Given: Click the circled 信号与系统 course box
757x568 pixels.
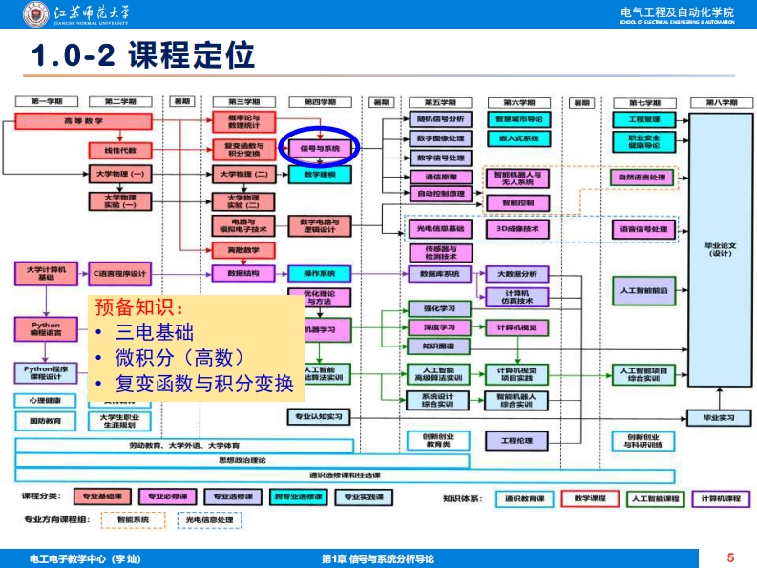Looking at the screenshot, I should (x=320, y=149).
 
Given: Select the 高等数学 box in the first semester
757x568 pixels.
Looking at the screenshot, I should (x=84, y=121).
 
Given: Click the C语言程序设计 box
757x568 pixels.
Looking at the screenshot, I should (x=120, y=273).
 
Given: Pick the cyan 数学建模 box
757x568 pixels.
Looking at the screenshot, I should (x=320, y=175).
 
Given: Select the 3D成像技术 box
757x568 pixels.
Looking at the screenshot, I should (x=518, y=229).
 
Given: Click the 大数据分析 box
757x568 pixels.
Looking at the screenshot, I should (x=518, y=274).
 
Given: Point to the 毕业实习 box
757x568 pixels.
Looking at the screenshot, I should (x=720, y=417).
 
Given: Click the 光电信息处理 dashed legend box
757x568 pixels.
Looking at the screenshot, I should (x=209, y=520).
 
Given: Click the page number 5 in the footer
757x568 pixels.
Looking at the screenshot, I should (x=730, y=557).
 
